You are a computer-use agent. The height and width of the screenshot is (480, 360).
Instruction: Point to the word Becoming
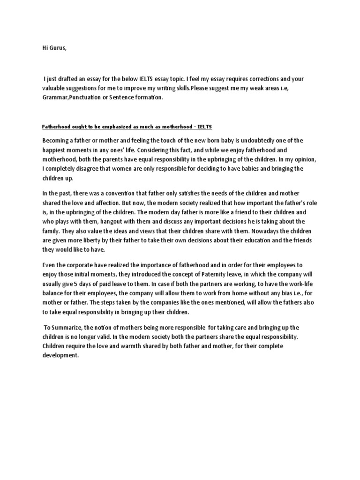pos(56,141)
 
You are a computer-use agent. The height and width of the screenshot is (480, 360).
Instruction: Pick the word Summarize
pos(69,327)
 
